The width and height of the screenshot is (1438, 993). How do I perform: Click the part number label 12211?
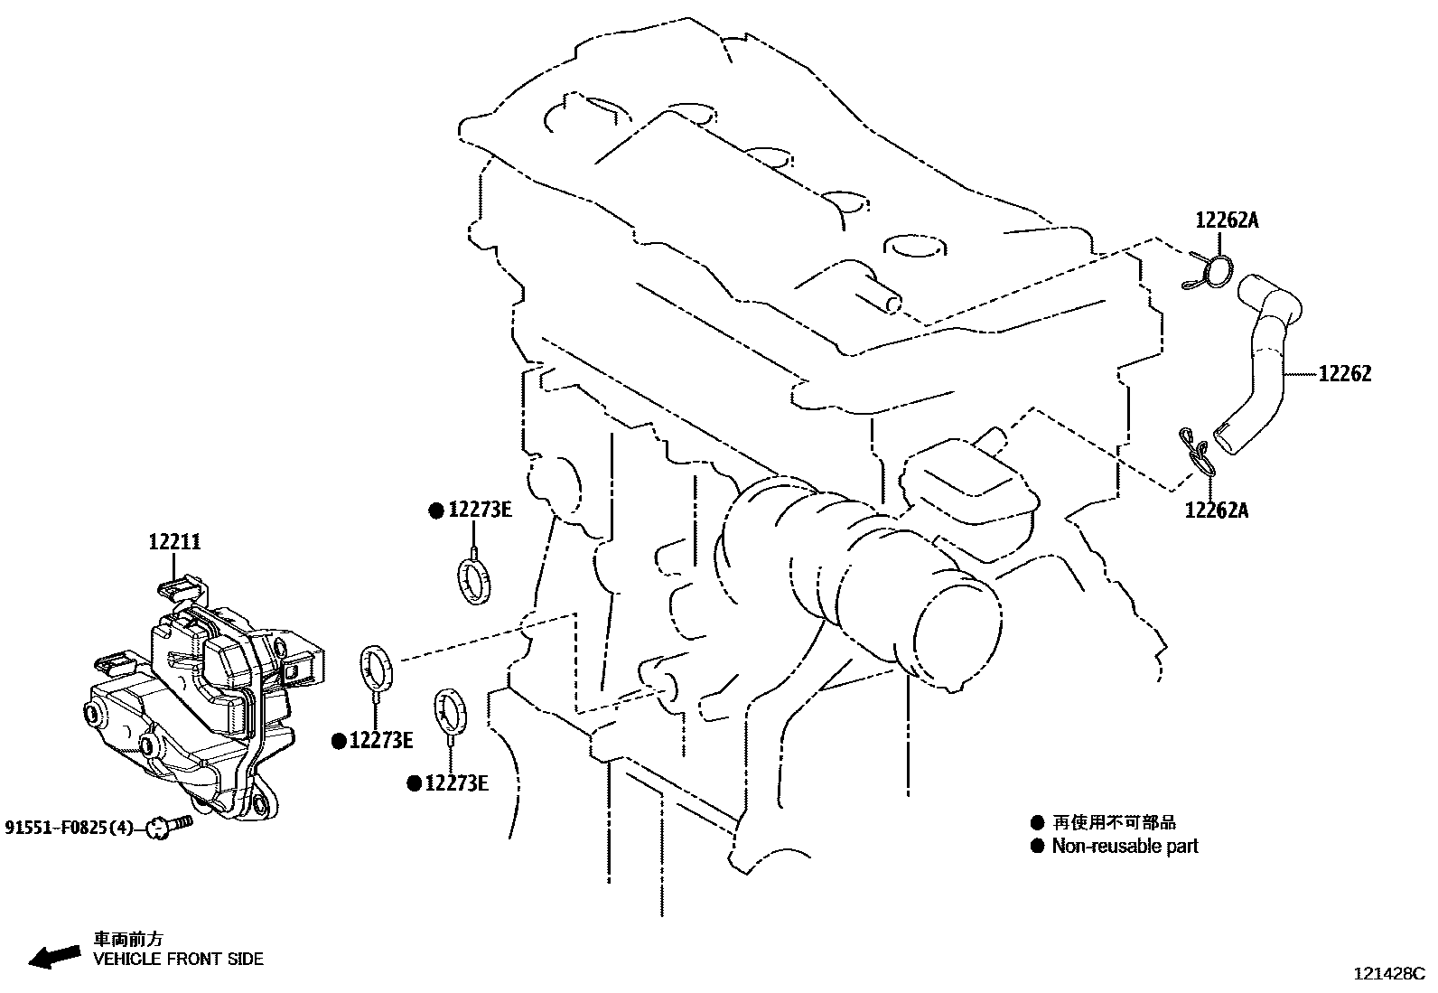click(x=175, y=542)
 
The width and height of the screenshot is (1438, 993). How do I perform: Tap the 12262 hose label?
click(x=1344, y=374)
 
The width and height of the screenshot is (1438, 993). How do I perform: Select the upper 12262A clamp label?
click(x=1227, y=220)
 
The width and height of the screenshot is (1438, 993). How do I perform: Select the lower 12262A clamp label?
click(x=1216, y=511)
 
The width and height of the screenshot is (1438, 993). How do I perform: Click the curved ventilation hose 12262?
click(x=1265, y=361)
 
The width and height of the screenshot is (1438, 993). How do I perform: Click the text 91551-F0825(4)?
click(x=69, y=827)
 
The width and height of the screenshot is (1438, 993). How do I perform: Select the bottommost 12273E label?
click(x=456, y=783)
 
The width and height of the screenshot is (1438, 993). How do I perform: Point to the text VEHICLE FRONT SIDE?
click(x=179, y=959)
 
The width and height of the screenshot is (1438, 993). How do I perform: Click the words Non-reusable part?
click(x=1125, y=847)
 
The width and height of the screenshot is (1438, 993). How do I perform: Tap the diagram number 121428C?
click(x=1387, y=974)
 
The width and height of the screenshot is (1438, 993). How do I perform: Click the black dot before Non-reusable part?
click(x=1037, y=847)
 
